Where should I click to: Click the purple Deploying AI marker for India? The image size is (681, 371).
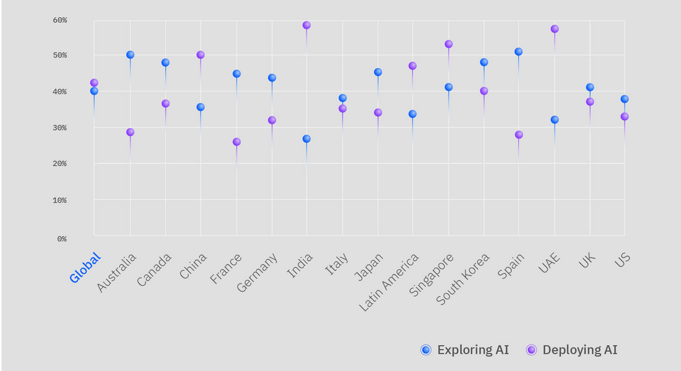[306, 25]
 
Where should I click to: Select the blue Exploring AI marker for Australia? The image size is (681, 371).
[130, 55]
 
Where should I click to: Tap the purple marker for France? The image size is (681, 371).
[236, 142]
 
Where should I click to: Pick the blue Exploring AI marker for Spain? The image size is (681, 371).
[519, 52]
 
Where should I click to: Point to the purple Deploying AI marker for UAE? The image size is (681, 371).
[555, 29]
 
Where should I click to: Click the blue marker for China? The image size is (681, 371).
[201, 107]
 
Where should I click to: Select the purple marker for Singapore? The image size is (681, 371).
[449, 45]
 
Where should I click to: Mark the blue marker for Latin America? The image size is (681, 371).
[412, 114]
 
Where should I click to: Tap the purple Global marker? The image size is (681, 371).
[94, 83]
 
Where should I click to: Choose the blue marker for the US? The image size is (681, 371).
[625, 99]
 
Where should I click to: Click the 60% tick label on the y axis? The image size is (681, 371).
[59, 20]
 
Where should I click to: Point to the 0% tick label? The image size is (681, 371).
[62, 239]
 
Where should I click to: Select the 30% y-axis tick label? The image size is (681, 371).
[59, 128]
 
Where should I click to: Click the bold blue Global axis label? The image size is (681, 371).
[85, 268]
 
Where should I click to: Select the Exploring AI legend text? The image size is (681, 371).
[473, 350]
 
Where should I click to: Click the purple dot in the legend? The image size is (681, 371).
[531, 350]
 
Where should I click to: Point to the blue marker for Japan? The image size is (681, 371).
[378, 72]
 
